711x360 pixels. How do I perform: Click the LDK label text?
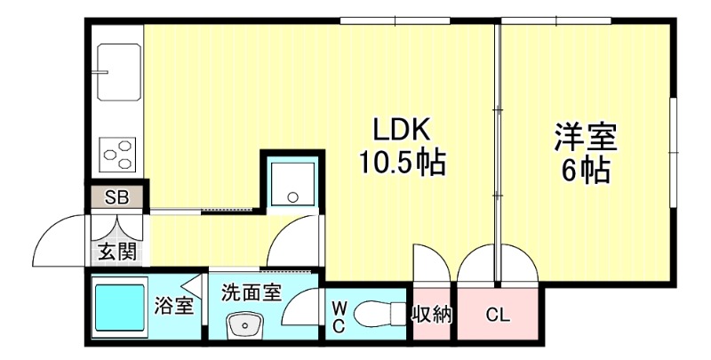coord(401,131)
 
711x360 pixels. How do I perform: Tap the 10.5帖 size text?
coord(401,164)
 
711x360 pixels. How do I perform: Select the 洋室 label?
coord(586,138)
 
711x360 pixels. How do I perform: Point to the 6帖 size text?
coord(586,169)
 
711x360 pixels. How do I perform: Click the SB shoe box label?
coord(116,197)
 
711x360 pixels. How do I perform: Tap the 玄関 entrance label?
coord(116,252)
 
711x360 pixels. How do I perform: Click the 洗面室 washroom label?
coord(252,292)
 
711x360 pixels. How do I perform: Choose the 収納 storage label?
coord(432,314)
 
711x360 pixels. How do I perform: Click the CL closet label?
coord(496,314)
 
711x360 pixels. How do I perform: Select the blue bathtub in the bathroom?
coord(121,307)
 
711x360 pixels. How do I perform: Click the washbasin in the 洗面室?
coord(242,325)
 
